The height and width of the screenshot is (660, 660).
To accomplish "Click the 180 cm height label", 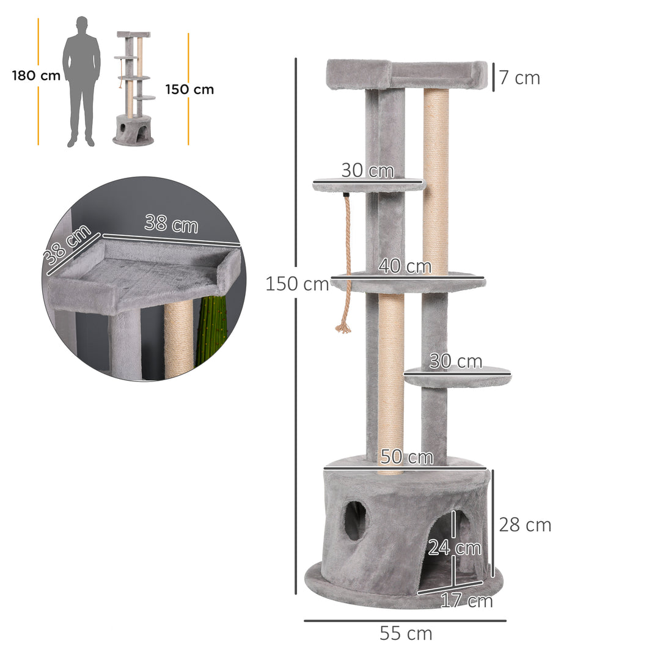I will point(35,76).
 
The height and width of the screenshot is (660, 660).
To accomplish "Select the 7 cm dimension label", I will point(519,78).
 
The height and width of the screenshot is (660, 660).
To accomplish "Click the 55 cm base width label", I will point(406,634).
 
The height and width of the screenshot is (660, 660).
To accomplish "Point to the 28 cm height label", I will point(525,525).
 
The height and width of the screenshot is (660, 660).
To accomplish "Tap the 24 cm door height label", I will point(455,548).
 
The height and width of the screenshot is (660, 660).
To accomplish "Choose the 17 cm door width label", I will point(467,601).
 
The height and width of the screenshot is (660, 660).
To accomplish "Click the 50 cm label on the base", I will point(406,457).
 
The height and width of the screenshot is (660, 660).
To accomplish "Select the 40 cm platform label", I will point(405,266).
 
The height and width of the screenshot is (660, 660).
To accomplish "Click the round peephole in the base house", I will point(355,521).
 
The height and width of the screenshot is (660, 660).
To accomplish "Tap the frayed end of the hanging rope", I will point(343,328).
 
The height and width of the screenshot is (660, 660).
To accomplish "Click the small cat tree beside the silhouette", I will point(133,89).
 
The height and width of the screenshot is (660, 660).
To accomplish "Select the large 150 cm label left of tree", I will point(297,284).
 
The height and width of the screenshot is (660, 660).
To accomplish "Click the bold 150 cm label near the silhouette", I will point(189,89).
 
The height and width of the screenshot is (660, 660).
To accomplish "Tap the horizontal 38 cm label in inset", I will point(172,224).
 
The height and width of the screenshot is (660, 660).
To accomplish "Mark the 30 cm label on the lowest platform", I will point(455,362).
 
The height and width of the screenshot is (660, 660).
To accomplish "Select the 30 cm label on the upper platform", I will point(367,170).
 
